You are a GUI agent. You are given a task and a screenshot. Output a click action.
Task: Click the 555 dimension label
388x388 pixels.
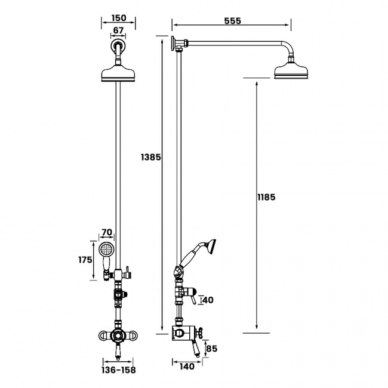pos(232,21)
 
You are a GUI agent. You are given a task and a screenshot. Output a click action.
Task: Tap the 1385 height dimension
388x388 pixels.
pos(151,157)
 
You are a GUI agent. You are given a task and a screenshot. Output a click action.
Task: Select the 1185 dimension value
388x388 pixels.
pos(266,197)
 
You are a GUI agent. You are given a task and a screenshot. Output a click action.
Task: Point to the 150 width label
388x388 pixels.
pos(119,18)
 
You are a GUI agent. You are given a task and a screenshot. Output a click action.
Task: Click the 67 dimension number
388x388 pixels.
pos(118,30)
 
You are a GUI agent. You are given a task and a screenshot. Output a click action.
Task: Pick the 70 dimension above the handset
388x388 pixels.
pos(107,232)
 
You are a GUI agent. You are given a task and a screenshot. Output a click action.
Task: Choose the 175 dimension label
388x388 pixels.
pos(85,260)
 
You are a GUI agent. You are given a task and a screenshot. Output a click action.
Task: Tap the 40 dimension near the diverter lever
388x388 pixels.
pos(208,300)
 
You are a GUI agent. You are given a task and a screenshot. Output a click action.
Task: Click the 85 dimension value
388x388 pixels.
pos(211,349)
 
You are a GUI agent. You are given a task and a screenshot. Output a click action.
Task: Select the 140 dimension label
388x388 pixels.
pos(187,367)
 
